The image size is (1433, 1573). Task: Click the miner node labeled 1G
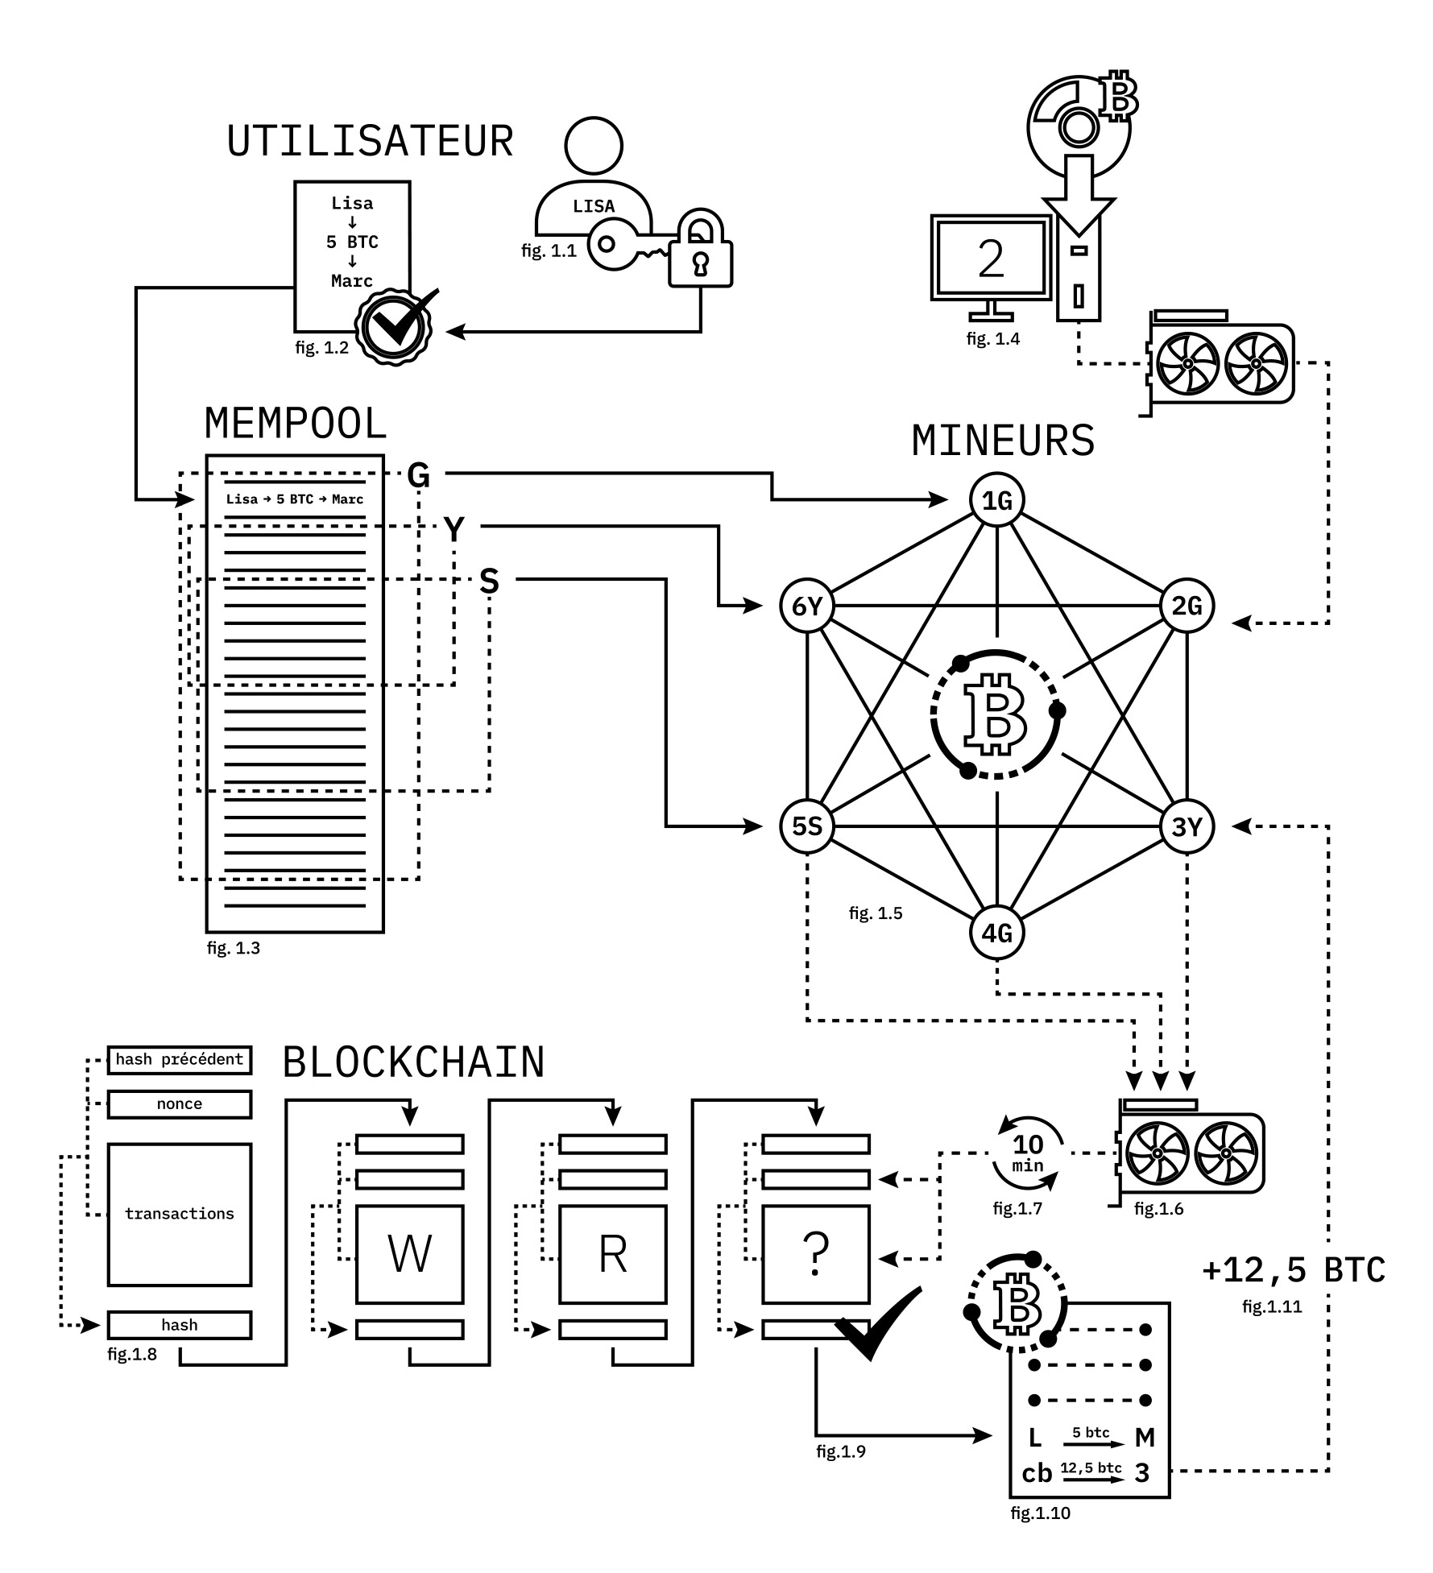[997, 501]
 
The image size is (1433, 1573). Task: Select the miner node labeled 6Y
[807, 606]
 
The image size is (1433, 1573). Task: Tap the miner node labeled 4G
[997, 933]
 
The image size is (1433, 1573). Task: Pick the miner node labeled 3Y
[1187, 826]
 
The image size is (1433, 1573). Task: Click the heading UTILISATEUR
[371, 142]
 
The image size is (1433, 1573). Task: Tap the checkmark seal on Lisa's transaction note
[394, 325]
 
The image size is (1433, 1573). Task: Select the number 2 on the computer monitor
[991, 259]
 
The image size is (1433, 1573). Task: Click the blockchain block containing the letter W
[409, 1254]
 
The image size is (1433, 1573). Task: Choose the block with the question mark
[815, 1254]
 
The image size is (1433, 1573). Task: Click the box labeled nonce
[180, 1104]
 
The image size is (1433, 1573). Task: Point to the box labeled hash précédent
[180, 1060]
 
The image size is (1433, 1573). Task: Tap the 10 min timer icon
[1028, 1153]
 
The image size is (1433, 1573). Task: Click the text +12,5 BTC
[1293, 1270]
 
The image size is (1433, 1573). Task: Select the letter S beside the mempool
[489, 582]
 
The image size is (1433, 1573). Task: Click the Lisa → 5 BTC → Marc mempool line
[295, 499]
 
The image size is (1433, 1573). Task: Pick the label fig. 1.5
[876, 913]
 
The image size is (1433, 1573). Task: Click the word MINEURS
[1003, 441]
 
